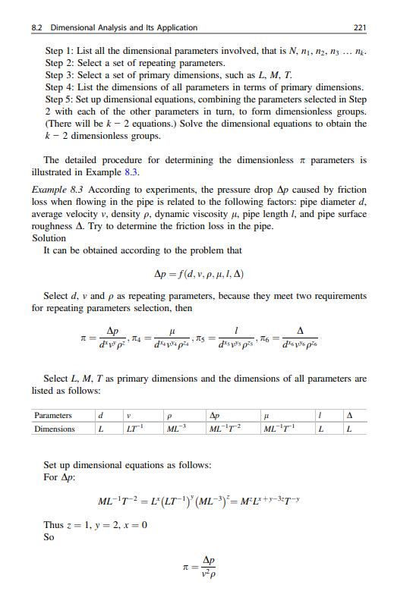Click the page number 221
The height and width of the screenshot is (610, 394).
(x=361, y=28)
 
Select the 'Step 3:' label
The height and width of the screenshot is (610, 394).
(x=58, y=76)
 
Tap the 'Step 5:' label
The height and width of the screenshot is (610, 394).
(x=58, y=99)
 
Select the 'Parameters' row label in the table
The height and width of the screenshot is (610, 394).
(x=54, y=415)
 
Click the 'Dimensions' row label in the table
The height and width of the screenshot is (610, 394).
(x=55, y=429)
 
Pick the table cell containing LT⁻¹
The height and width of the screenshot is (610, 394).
(x=134, y=429)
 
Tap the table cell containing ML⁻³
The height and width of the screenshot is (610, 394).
(x=178, y=429)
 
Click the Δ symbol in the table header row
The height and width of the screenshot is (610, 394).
(x=349, y=415)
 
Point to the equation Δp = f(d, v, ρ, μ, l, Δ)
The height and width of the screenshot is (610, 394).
(x=197, y=274)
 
